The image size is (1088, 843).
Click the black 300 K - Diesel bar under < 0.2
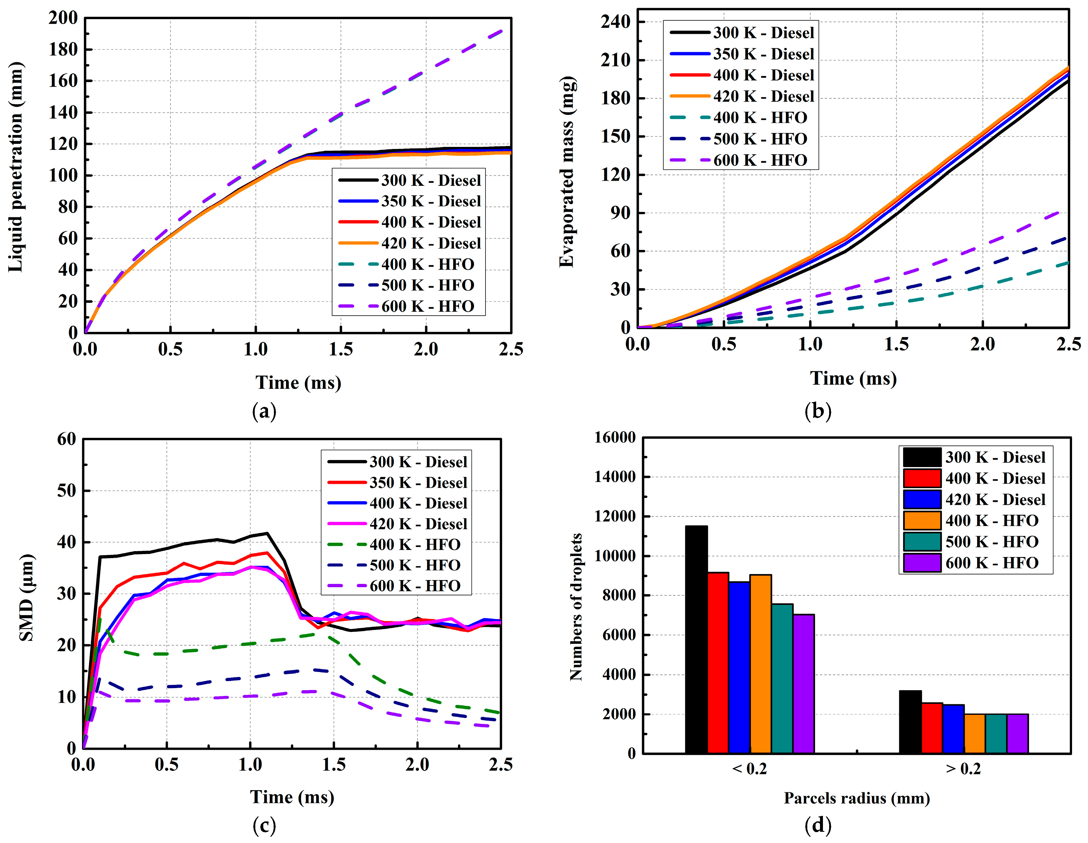(x=696, y=639)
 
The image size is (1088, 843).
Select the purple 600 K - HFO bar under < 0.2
(x=803, y=683)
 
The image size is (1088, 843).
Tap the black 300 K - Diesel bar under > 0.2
(x=910, y=722)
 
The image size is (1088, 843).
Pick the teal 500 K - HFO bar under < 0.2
(x=782, y=679)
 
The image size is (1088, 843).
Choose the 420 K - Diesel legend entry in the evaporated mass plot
(x=742, y=96)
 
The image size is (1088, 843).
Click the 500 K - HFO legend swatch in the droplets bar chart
(x=922, y=542)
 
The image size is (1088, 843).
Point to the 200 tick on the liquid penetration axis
(x=63, y=18)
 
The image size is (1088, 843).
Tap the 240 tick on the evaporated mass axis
(x=616, y=22)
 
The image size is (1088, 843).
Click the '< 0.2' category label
(x=750, y=769)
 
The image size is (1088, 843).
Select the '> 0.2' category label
(x=964, y=769)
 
